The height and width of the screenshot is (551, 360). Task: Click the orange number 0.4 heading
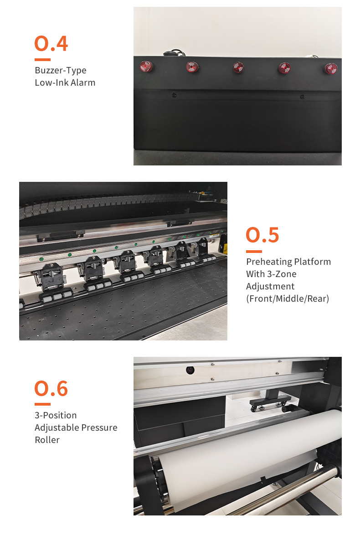tap(51, 43)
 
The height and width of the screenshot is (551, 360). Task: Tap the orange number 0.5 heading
tap(262, 235)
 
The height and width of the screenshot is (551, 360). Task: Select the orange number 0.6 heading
tap(51, 388)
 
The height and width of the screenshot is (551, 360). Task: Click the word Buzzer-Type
tap(61, 70)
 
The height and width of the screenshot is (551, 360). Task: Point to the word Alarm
tap(83, 82)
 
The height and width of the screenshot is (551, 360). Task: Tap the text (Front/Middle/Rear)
tap(288, 299)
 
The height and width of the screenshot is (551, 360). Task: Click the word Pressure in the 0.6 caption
tap(99, 427)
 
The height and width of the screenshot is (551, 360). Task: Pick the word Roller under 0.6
tap(47, 440)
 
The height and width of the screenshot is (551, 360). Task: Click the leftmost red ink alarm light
tap(146, 67)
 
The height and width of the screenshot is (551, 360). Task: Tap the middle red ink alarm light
tap(238, 67)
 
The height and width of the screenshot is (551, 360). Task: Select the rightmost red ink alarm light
tap(331, 69)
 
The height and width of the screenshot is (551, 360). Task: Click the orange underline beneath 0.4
tap(42, 60)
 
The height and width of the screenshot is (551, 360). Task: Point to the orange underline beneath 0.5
tap(254, 252)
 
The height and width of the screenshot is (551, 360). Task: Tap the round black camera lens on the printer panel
tap(190, 370)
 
